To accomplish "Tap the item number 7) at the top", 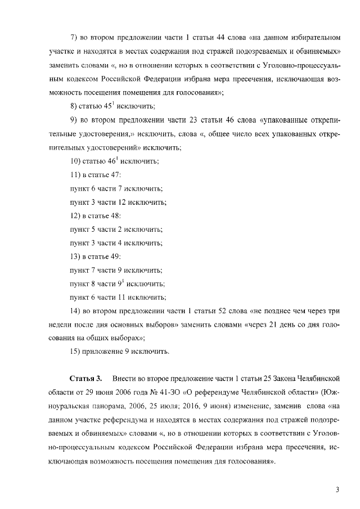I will coord(73,38).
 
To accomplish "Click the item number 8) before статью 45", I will coord(73,106).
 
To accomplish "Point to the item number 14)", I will coord(75,311).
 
